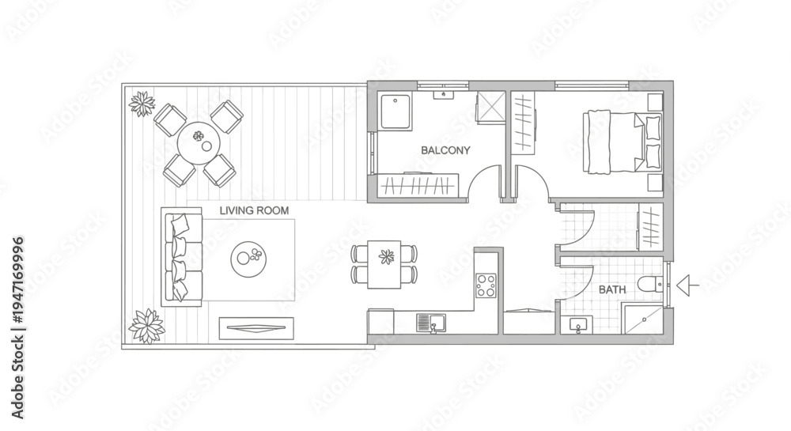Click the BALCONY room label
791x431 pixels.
pos(445,150)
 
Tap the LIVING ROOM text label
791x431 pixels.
pos(254,210)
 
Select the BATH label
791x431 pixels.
pos(612,290)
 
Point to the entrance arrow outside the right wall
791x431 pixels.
pos(687,285)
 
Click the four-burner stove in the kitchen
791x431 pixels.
pos(486,285)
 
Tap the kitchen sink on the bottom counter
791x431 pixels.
pos(431,323)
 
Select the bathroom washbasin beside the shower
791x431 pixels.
pos(578,325)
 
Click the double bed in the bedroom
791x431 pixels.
pos(623,142)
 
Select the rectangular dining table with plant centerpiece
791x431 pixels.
pos(384,264)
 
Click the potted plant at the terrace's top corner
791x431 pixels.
pos(142,104)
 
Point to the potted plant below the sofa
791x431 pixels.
pos(147,326)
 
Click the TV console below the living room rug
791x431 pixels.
pos(256,329)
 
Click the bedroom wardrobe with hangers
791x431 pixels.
pos(524,122)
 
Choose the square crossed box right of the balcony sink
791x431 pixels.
pos(491,107)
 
